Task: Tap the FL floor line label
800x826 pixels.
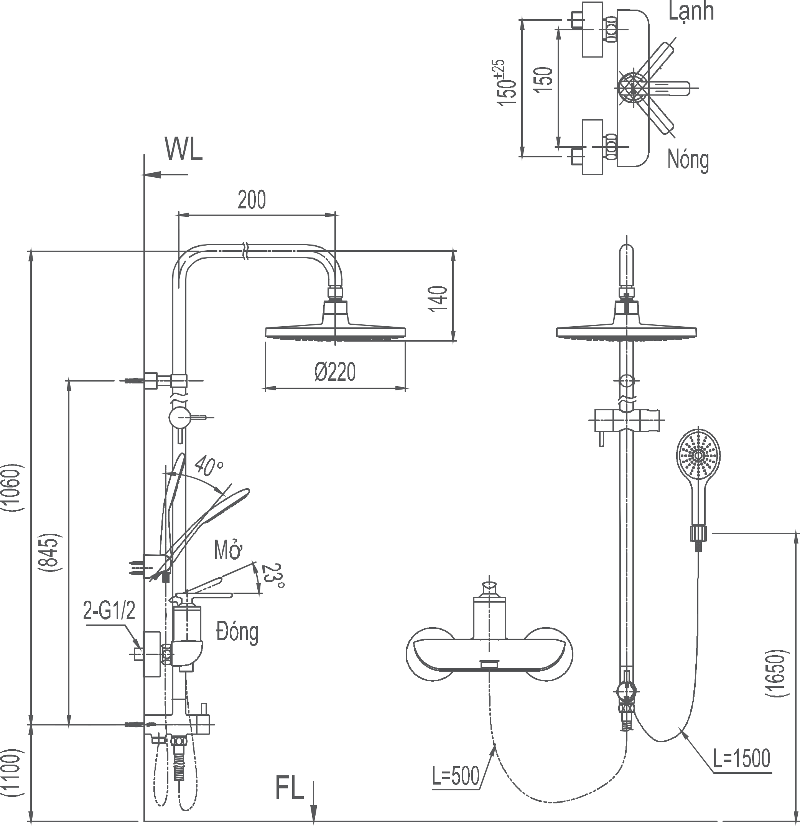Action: (290, 788)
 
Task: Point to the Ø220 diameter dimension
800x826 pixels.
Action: (335, 372)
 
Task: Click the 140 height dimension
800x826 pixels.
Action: (439, 298)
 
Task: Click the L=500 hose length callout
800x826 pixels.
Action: (456, 776)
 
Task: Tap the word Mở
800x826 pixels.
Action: (229, 550)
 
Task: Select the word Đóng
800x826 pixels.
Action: (237, 632)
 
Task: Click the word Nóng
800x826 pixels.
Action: (688, 160)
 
